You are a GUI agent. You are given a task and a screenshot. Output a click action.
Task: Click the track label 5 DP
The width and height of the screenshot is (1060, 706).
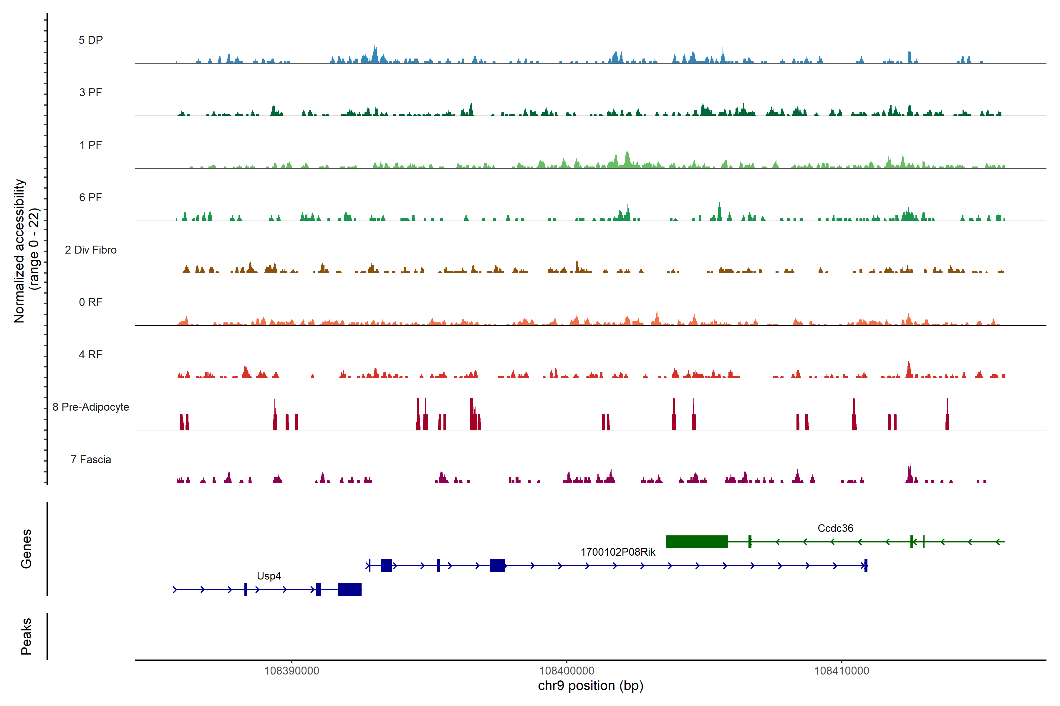pyautogui.click(x=91, y=40)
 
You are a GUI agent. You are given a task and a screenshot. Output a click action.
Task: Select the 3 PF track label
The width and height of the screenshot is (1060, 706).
pyautogui.click(x=91, y=92)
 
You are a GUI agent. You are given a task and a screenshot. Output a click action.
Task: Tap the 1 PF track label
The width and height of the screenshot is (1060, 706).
pyautogui.click(x=91, y=145)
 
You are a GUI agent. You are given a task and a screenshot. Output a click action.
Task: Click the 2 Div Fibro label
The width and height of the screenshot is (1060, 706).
pyautogui.click(x=91, y=250)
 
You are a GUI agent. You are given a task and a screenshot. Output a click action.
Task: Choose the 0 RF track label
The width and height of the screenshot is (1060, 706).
pyautogui.click(x=91, y=302)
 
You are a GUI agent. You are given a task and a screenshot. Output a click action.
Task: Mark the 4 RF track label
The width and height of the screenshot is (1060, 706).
pyautogui.click(x=91, y=354)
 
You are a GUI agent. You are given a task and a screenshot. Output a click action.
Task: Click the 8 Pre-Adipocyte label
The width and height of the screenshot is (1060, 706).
pyautogui.click(x=91, y=407)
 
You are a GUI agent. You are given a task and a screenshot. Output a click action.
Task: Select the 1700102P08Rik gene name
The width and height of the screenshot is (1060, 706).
pyautogui.click(x=617, y=552)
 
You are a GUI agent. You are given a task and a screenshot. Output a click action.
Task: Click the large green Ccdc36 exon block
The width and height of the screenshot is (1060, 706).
pyautogui.click(x=697, y=542)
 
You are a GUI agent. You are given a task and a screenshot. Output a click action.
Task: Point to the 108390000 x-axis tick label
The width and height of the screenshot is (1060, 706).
pyautogui.click(x=291, y=671)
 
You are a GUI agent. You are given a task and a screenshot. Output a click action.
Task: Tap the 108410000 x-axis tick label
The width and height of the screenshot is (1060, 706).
pyautogui.click(x=842, y=671)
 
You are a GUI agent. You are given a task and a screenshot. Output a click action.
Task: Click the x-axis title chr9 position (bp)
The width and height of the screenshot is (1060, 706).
pyautogui.click(x=590, y=686)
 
